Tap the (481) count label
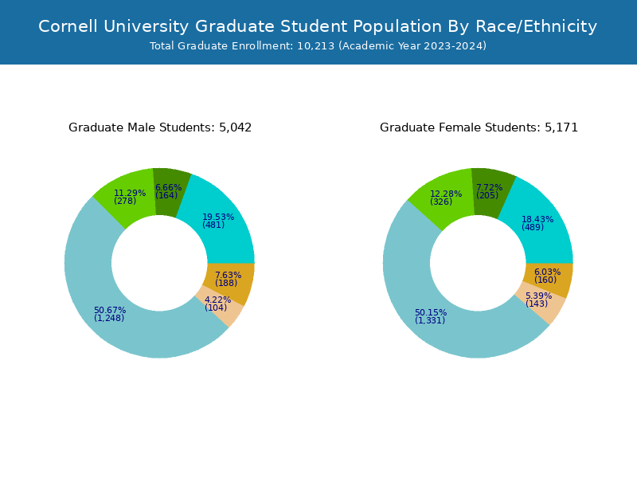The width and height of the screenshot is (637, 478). click(x=213, y=225)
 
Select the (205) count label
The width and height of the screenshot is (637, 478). click(x=487, y=196)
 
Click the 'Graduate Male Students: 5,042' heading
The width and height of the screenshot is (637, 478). click(x=160, y=127)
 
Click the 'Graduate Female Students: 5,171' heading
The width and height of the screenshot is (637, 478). click(x=479, y=127)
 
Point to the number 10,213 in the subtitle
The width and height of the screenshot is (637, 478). click(x=316, y=46)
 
